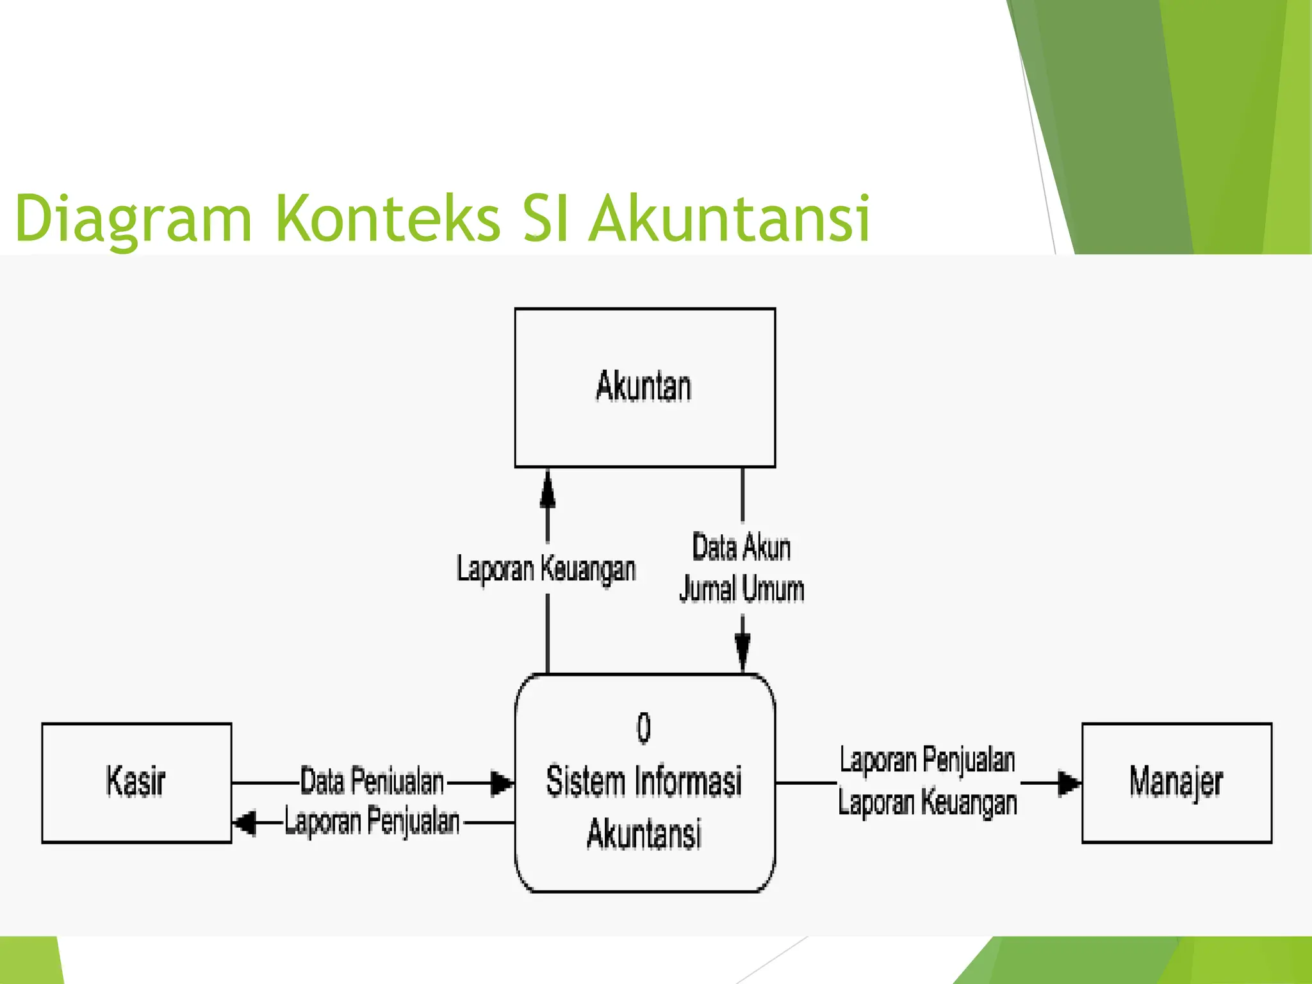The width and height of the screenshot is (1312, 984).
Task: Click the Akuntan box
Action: pyautogui.click(x=644, y=387)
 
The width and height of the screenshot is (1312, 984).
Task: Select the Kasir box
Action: pyautogui.click(x=136, y=782)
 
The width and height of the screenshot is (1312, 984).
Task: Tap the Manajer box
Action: pyautogui.click(x=1176, y=782)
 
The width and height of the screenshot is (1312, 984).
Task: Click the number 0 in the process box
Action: pyautogui.click(x=644, y=728)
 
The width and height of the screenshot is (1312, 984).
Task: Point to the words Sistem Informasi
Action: pyautogui.click(x=644, y=781)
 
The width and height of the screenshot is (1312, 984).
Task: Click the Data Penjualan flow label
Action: pyautogui.click(x=372, y=781)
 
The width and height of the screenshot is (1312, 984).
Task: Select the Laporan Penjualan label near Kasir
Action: pyautogui.click(x=372, y=822)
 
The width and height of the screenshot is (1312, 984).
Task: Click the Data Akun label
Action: pyautogui.click(x=742, y=548)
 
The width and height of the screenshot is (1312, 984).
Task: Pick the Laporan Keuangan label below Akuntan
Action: pyautogui.click(x=546, y=569)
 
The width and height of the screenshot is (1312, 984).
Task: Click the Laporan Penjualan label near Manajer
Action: pyautogui.click(x=928, y=760)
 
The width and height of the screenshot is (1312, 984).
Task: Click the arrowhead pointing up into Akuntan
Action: pyautogui.click(x=547, y=490)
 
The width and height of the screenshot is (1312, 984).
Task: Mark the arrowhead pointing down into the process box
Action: pyautogui.click(x=742, y=650)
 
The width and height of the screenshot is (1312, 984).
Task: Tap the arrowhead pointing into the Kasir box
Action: pyautogui.click(x=244, y=823)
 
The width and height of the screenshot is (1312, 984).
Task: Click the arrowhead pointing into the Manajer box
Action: pyautogui.click(x=1068, y=783)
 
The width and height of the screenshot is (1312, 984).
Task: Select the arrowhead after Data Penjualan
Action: pyautogui.click(x=502, y=783)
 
